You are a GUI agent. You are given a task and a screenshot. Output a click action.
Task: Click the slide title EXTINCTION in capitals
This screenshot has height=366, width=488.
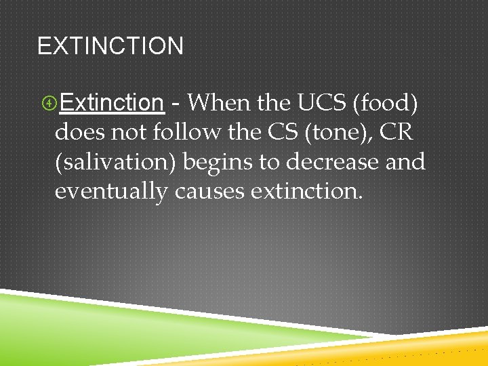[110, 46]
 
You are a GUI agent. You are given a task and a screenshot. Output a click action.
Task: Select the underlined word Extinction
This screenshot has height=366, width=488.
[112, 102]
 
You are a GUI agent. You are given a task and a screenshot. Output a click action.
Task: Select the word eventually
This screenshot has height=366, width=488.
[110, 192]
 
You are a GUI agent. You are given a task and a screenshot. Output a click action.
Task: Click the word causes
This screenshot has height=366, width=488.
[209, 192]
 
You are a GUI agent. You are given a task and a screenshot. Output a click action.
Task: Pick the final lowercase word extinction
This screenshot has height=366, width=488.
[306, 192]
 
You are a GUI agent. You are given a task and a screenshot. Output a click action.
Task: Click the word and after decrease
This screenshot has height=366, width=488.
[407, 162]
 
